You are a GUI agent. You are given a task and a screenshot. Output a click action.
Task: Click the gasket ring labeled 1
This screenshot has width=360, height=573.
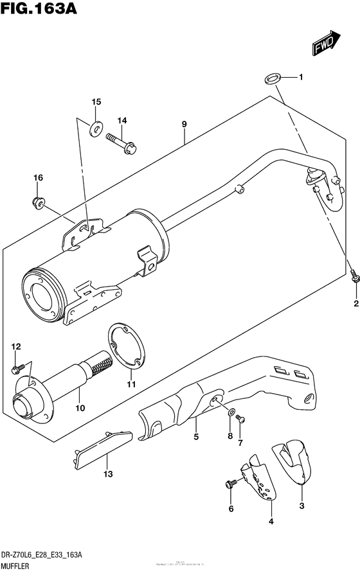(x=271, y=78)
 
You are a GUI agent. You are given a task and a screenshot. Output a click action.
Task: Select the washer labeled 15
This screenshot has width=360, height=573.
(x=96, y=128)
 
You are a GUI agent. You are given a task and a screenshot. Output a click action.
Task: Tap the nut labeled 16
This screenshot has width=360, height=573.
(x=39, y=203)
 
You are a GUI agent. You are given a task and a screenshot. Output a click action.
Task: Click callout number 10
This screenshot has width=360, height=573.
(x=81, y=407)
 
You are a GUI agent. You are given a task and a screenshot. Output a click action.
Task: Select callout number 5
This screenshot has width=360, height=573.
(x=195, y=437)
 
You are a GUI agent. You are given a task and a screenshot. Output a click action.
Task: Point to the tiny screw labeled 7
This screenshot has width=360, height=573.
(x=240, y=418)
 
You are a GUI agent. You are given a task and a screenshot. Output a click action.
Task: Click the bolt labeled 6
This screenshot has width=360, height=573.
(x=228, y=483)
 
